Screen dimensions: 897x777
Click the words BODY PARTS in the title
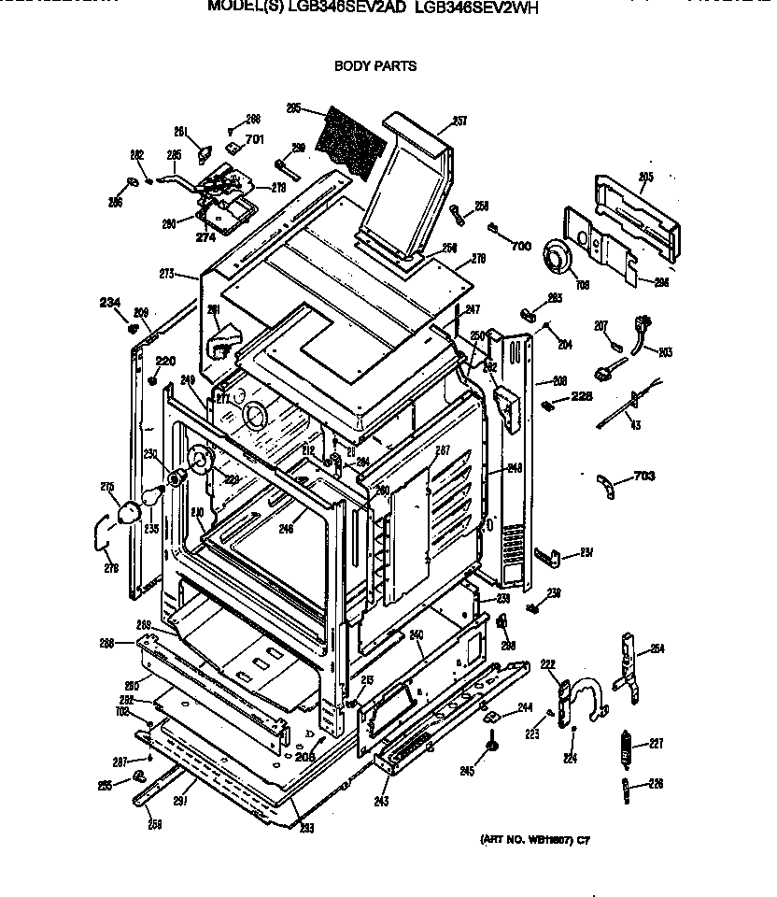(x=375, y=66)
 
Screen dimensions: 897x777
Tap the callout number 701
(x=255, y=140)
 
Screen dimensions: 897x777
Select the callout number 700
(x=521, y=246)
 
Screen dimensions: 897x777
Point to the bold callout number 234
(x=110, y=301)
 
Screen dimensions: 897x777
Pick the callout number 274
(x=205, y=237)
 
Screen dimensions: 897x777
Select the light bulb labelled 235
(x=130, y=507)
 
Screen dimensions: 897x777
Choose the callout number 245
(x=468, y=771)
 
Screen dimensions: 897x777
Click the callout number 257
(x=459, y=121)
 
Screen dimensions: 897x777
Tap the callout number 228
(x=583, y=396)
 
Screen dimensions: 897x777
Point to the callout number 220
(x=165, y=361)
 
